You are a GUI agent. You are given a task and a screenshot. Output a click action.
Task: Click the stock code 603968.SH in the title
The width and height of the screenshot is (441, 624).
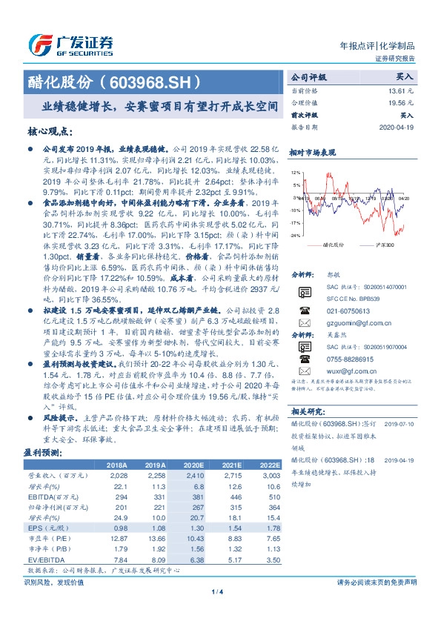[x=151, y=80]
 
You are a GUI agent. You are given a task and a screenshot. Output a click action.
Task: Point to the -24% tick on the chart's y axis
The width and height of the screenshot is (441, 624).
[x=295, y=235]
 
